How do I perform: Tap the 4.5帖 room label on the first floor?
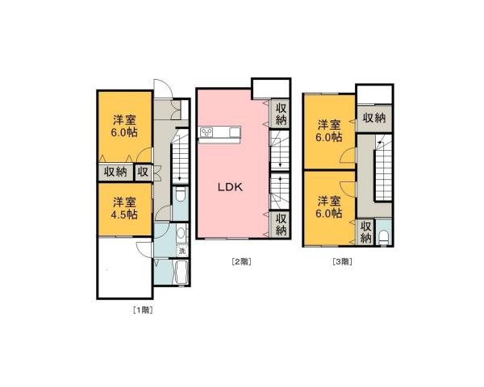(123, 207)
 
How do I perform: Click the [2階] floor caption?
(241, 261)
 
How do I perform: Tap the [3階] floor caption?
(342, 261)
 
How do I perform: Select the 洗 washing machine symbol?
(181, 251)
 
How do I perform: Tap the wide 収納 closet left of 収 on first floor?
(115, 172)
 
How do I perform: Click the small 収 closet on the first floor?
(143, 172)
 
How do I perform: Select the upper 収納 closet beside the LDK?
(280, 114)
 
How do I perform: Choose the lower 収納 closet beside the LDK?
(280, 224)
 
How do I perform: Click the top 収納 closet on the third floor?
(373, 118)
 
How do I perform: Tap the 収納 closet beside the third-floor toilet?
(365, 232)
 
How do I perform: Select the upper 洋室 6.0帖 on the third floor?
(328, 131)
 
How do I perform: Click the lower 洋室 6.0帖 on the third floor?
(328, 207)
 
